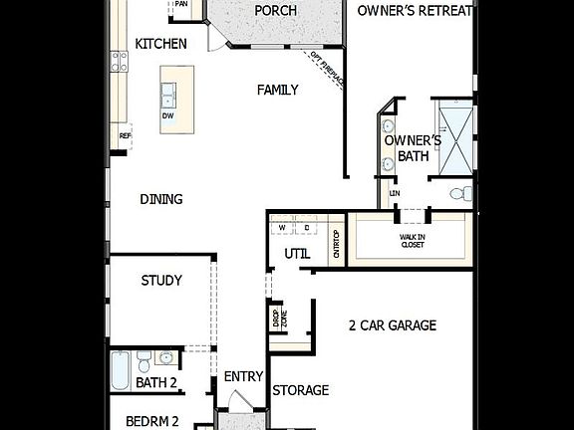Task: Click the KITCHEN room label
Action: (x=161, y=44)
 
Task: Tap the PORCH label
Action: (x=275, y=11)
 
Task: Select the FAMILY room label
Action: (x=278, y=90)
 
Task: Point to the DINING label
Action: (x=161, y=199)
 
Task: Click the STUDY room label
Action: (x=161, y=281)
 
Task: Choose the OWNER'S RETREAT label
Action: (x=416, y=11)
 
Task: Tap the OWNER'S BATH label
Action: (x=406, y=148)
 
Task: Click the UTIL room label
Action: (x=297, y=254)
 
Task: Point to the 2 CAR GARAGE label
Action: (x=393, y=325)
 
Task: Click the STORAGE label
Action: (x=301, y=390)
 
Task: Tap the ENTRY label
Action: (x=243, y=376)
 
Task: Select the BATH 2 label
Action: (x=156, y=382)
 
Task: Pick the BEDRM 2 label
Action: (x=152, y=421)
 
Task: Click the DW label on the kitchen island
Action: (x=167, y=115)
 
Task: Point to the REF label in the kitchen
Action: (x=125, y=136)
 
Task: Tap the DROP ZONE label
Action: (x=277, y=319)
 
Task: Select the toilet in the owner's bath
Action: (x=459, y=193)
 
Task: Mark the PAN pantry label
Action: (x=181, y=4)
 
